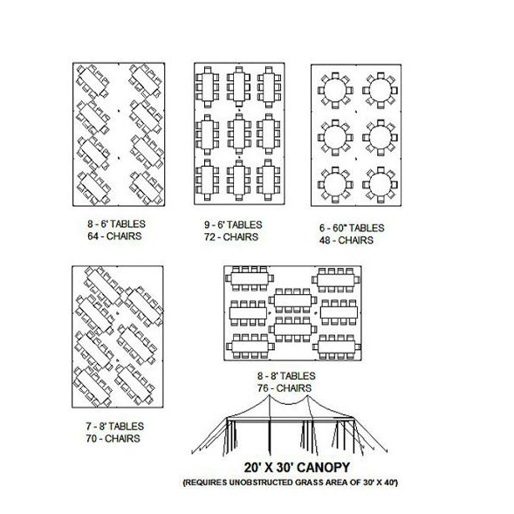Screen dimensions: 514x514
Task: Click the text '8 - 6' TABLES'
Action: coord(116,224)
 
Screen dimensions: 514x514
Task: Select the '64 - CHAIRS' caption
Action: coord(114,236)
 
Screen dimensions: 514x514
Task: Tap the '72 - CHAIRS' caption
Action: coord(231,237)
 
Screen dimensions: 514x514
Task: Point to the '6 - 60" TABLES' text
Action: coord(352,228)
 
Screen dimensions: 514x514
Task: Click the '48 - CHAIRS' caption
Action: coord(346,240)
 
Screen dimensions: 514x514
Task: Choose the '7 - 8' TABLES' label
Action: coord(114,427)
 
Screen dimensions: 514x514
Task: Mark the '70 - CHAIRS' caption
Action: coord(113,439)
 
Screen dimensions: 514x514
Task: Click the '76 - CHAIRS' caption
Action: coord(284,388)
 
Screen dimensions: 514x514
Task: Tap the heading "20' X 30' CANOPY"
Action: coord(297,468)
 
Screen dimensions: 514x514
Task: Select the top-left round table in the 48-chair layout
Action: coord(335,91)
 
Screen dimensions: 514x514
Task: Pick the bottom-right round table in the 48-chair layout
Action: coord(380,184)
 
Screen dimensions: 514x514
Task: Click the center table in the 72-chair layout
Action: coord(239,134)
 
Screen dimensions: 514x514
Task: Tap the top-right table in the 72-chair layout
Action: coord(269,87)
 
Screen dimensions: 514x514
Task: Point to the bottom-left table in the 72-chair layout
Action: coord(208,180)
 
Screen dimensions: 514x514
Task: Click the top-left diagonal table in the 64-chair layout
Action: coord(93,81)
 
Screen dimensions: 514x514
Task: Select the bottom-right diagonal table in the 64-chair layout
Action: coord(146,188)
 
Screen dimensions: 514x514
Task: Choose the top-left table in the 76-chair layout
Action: coord(250,278)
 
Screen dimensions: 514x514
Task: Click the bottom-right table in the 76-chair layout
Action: coord(336,346)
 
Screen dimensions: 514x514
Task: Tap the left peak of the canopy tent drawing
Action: coord(270,395)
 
